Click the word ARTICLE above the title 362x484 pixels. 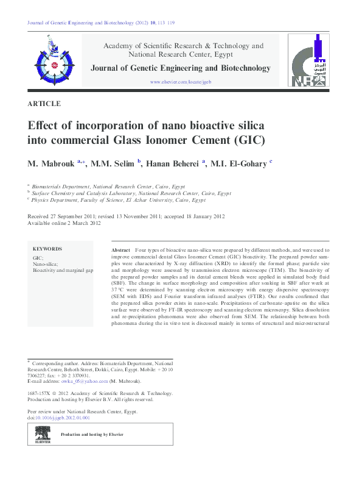pos(44,104)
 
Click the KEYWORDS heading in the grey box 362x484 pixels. pos(47,249)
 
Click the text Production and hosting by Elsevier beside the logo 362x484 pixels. pos(92,435)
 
